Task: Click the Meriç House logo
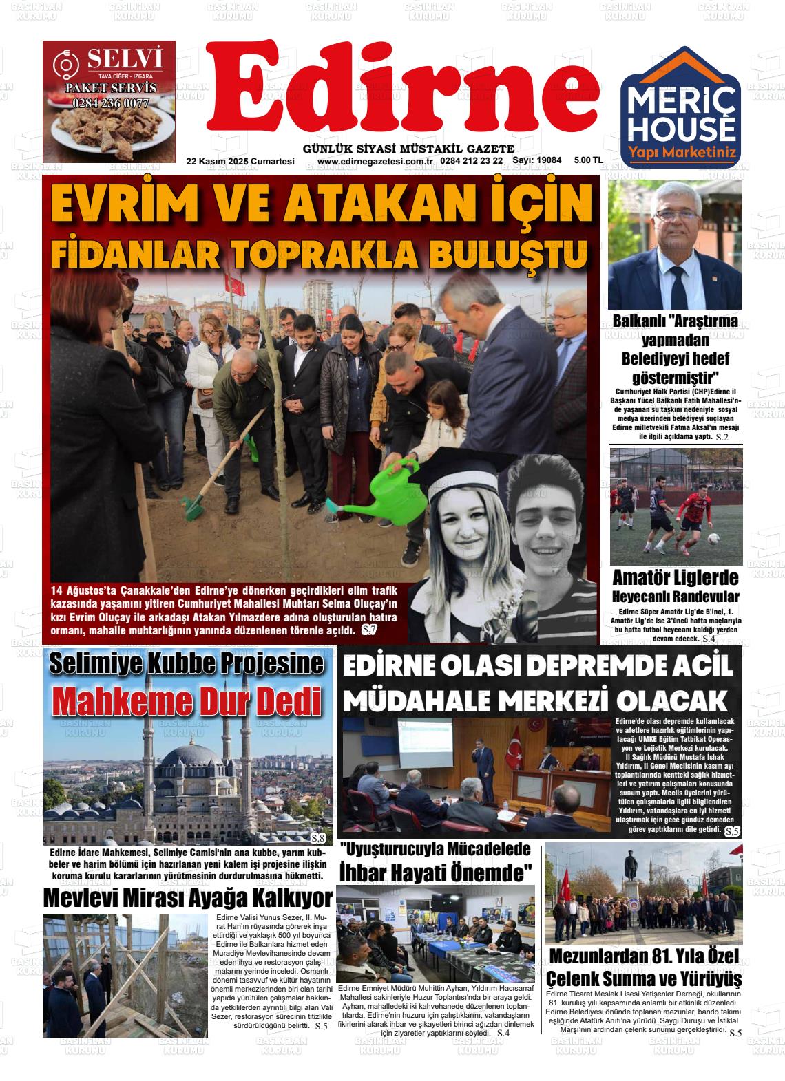(680, 107)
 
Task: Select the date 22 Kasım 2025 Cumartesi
(240, 161)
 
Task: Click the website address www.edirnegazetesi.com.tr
(375, 161)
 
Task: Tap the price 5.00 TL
(588, 160)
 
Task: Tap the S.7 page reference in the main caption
(369, 630)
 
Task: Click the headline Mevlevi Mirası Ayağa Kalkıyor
(187, 898)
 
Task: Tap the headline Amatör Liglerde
(675, 577)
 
